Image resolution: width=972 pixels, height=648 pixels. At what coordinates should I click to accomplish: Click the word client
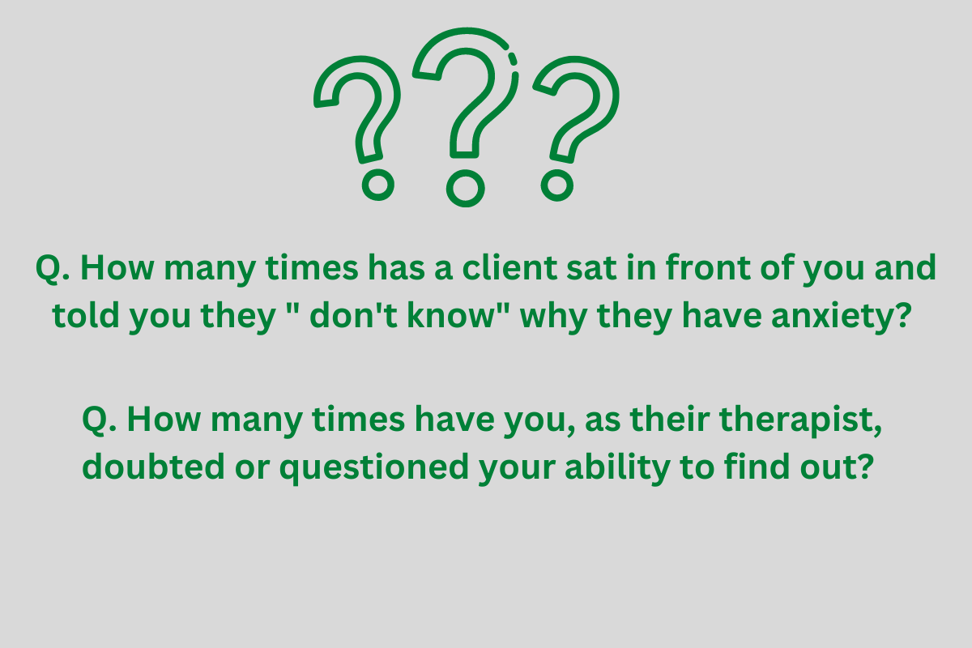(x=509, y=268)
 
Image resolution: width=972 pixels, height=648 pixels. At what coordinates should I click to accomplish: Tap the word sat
(x=591, y=269)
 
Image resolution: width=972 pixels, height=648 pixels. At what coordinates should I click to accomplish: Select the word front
(x=708, y=267)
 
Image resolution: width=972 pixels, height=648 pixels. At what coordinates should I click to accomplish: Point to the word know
(x=451, y=315)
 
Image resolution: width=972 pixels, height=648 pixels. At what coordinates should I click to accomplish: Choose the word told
(x=86, y=315)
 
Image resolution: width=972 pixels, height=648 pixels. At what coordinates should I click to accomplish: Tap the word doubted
(x=153, y=467)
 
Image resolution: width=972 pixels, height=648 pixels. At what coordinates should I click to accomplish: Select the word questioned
(x=374, y=469)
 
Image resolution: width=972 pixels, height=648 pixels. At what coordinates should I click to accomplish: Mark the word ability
(x=617, y=469)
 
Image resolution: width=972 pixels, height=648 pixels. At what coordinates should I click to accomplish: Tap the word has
(x=397, y=267)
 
